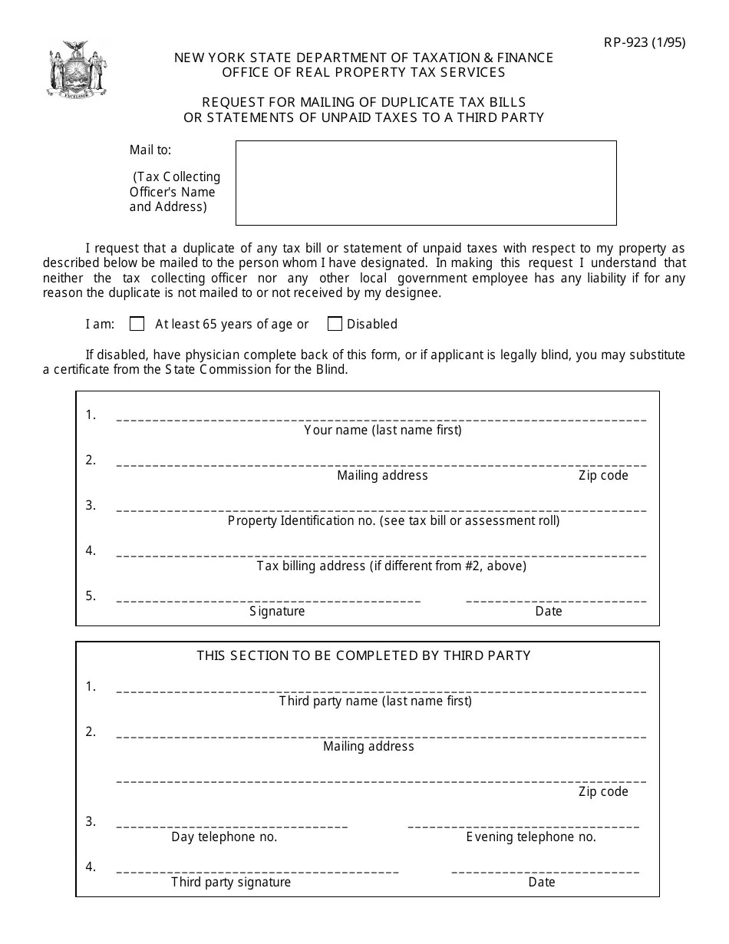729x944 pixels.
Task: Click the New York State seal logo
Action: point(76,70)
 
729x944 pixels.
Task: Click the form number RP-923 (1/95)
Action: point(643,42)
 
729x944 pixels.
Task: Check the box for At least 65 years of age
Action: point(137,324)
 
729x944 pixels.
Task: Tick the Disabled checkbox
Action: point(335,324)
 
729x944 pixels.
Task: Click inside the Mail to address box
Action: point(426,183)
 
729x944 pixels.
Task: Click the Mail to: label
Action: point(150,150)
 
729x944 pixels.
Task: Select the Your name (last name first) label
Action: point(383,430)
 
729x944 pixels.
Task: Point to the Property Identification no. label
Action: point(394,520)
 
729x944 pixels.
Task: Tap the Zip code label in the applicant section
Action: point(603,475)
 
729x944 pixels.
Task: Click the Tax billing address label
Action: point(391,566)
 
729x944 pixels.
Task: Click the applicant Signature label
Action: point(277,611)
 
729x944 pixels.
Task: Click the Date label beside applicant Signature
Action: point(549,611)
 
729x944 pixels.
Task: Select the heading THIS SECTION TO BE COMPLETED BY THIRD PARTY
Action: point(364,655)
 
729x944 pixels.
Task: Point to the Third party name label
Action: point(375,701)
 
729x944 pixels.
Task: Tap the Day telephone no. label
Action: point(224,837)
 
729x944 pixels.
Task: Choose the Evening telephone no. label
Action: point(531,837)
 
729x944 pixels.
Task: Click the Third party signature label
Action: point(231,882)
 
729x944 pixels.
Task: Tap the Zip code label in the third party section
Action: point(603,791)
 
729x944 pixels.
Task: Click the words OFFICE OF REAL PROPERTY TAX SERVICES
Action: point(364,72)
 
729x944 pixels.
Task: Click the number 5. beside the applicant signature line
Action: point(91,596)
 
